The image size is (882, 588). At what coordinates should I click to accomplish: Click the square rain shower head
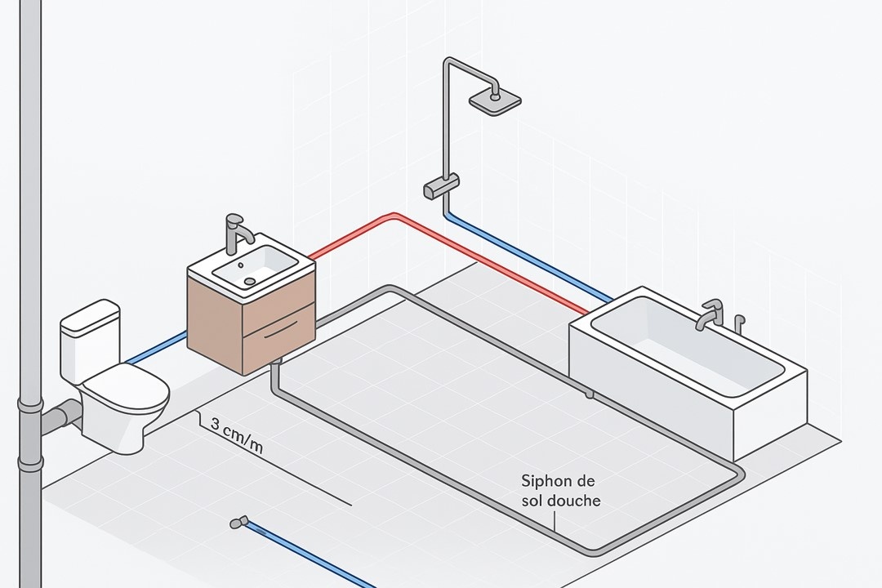click(x=495, y=100)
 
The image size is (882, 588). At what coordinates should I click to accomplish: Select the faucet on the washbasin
click(x=237, y=233)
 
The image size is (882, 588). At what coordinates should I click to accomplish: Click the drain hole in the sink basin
click(x=249, y=280)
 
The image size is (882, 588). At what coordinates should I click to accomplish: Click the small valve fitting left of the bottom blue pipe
click(x=238, y=521)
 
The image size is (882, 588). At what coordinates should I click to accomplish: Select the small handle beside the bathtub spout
click(x=739, y=323)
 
